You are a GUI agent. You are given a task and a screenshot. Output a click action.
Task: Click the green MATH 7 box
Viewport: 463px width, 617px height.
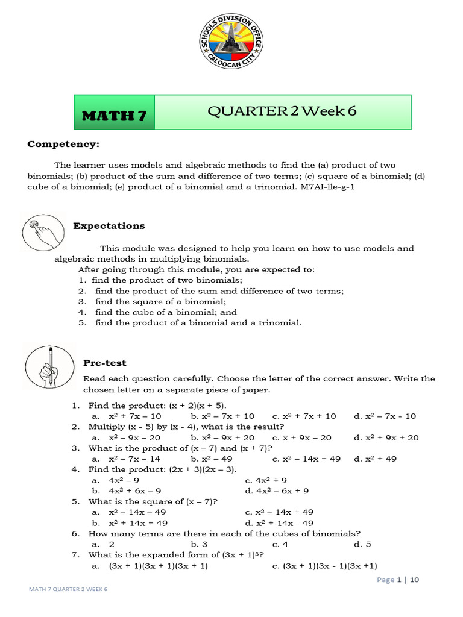tap(115, 112)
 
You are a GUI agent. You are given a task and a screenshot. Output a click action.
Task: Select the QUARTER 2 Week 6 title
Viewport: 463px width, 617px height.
tap(286, 111)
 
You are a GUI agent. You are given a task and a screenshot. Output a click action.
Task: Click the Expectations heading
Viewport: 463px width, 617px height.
tap(109, 226)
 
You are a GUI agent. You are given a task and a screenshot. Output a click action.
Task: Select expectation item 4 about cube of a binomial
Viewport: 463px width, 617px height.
tap(159, 312)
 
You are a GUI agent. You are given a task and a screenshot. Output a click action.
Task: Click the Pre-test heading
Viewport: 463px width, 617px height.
tap(104, 363)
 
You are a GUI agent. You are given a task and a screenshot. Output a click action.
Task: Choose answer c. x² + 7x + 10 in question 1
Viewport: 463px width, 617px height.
tap(304, 416)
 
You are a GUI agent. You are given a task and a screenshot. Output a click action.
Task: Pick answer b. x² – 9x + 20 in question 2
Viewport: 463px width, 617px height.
tap(222, 437)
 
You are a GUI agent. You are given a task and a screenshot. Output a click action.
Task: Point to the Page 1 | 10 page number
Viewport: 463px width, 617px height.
tap(397, 580)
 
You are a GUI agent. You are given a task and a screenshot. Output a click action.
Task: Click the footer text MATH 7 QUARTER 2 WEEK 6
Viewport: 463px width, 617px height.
tap(68, 589)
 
